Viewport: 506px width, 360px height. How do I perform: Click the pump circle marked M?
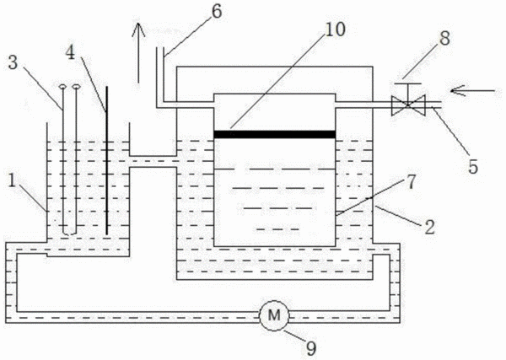(x=274, y=315)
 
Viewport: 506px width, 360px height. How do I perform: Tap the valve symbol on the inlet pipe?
(x=408, y=105)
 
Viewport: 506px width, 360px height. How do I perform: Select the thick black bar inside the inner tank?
(x=275, y=135)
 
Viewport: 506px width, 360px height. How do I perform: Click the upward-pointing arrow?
(x=138, y=52)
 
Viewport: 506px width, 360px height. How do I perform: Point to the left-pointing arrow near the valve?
(x=472, y=91)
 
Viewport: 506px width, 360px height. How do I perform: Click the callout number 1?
(x=12, y=180)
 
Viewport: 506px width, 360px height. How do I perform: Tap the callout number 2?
(x=429, y=227)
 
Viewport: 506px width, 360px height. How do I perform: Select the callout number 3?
(x=13, y=62)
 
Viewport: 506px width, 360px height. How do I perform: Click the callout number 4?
(x=70, y=52)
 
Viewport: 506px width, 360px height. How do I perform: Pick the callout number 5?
(x=473, y=167)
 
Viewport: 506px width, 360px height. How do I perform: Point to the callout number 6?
(x=217, y=11)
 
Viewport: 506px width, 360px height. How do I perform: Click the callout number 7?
(x=411, y=182)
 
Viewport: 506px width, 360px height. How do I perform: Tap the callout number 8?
(x=444, y=39)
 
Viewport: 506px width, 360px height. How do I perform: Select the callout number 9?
(x=310, y=348)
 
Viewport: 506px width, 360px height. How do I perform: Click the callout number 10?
(x=336, y=30)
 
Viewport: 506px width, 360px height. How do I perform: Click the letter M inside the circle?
(x=274, y=315)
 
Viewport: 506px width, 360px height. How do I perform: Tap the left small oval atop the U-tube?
(x=62, y=87)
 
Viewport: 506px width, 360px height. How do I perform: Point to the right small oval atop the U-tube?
(x=76, y=87)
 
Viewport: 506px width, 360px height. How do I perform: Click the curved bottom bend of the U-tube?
(x=69, y=234)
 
